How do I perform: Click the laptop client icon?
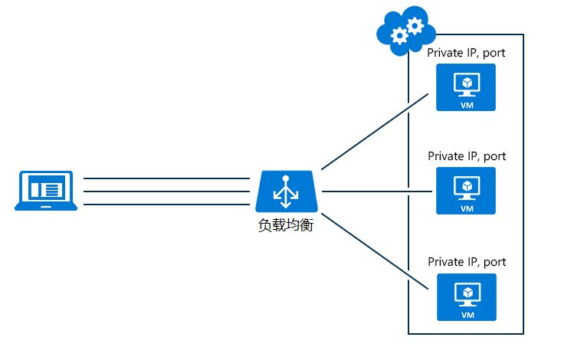(x=47, y=191)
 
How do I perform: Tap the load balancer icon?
(x=288, y=191)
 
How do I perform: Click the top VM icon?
(x=466, y=87)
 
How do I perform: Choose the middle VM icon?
(x=466, y=191)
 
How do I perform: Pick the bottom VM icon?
(x=466, y=296)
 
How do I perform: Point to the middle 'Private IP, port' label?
(x=467, y=155)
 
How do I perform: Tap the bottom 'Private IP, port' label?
(x=467, y=261)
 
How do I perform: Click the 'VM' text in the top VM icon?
(x=466, y=105)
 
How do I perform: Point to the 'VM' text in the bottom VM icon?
(x=466, y=314)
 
